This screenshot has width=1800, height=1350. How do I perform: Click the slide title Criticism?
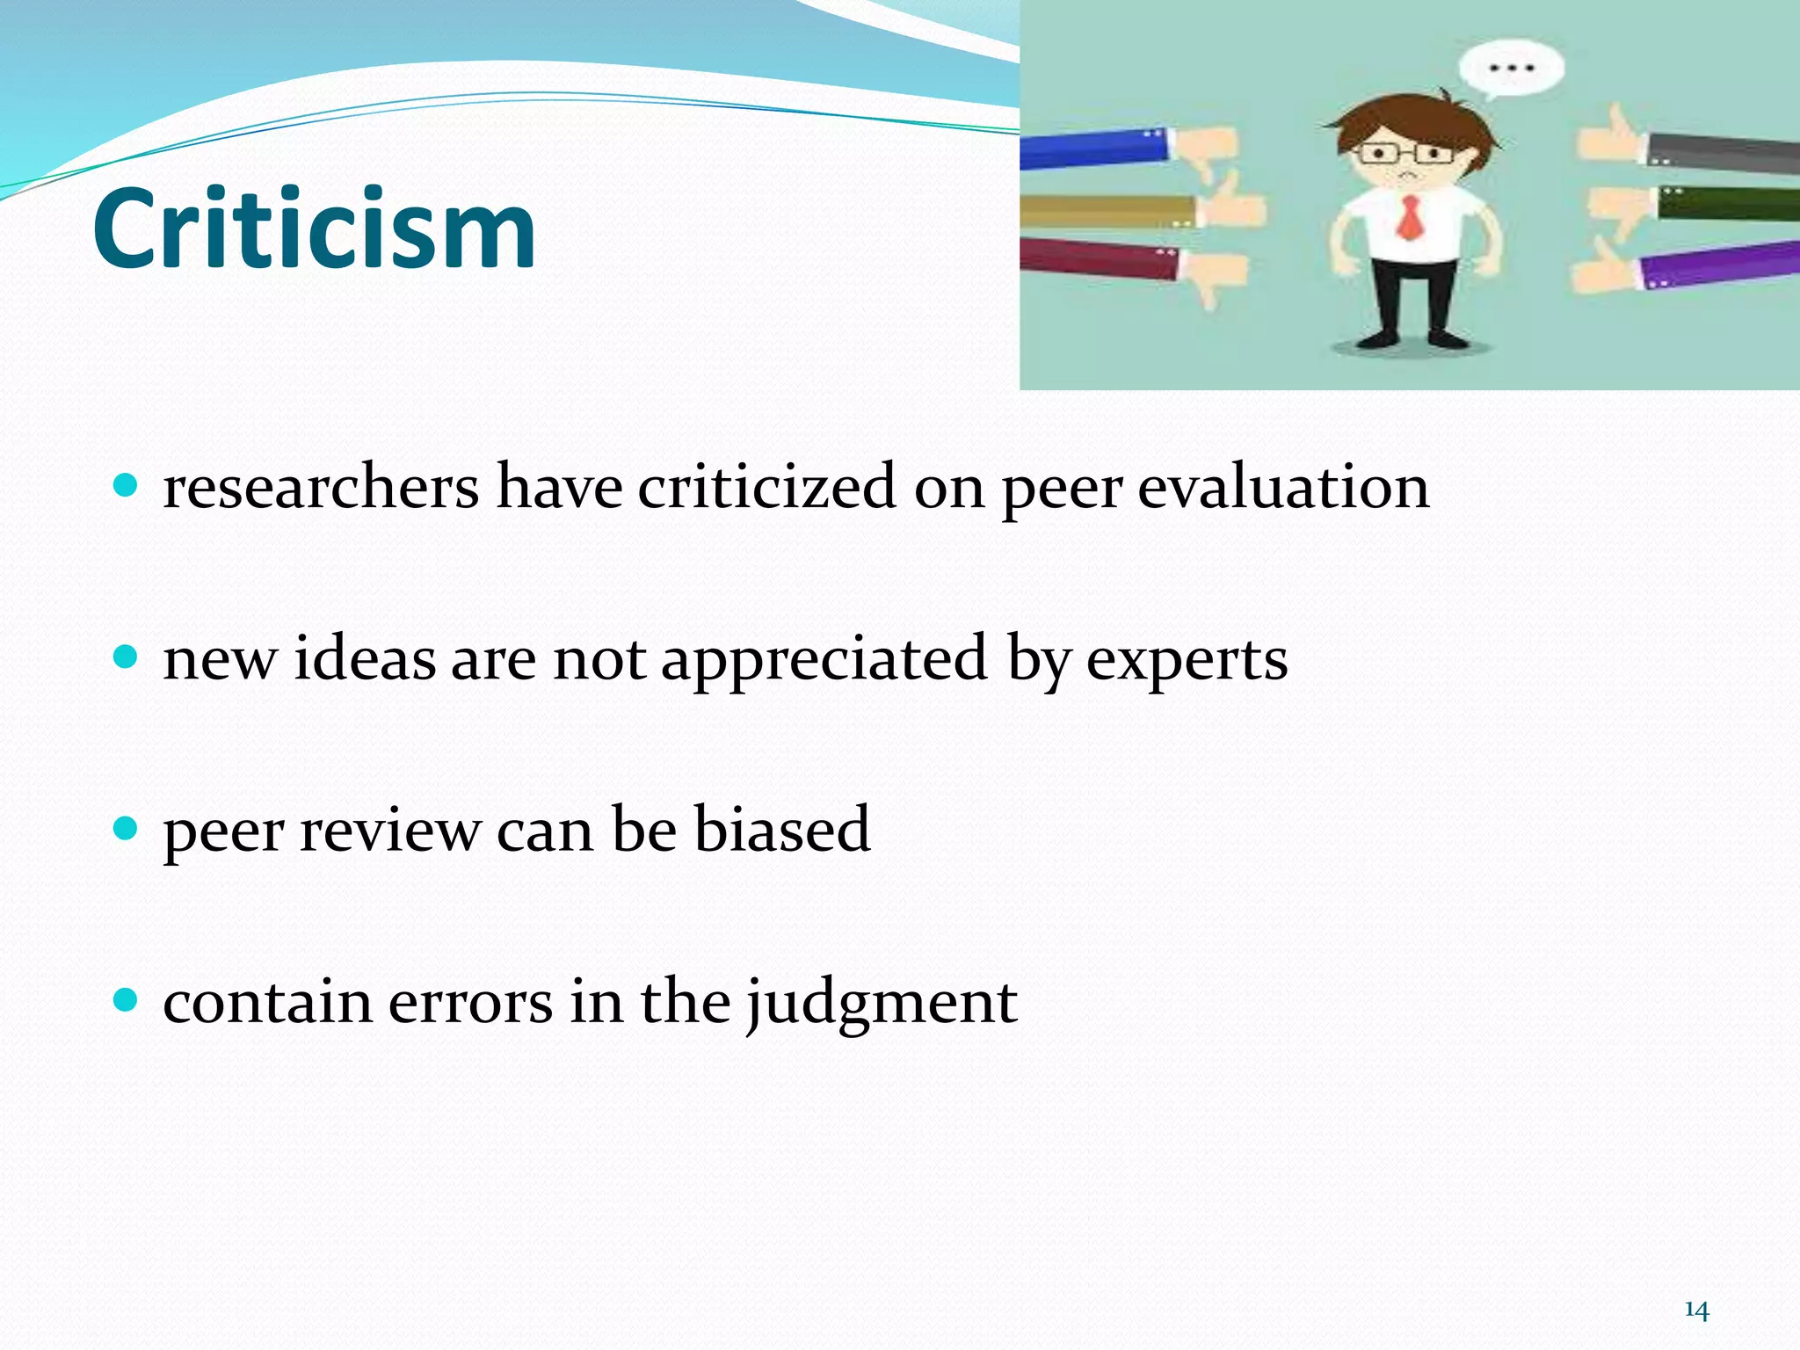[x=314, y=229]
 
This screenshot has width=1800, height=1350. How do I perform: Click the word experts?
[x=1187, y=661]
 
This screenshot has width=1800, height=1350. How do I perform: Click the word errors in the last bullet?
[x=470, y=1002]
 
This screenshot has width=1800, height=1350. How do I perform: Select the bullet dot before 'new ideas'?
[x=127, y=657]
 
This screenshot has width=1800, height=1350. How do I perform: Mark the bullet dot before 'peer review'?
[x=127, y=828]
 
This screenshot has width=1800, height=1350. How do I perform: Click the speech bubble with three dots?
[x=1511, y=69]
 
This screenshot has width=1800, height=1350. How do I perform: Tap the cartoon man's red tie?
[x=1410, y=218]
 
